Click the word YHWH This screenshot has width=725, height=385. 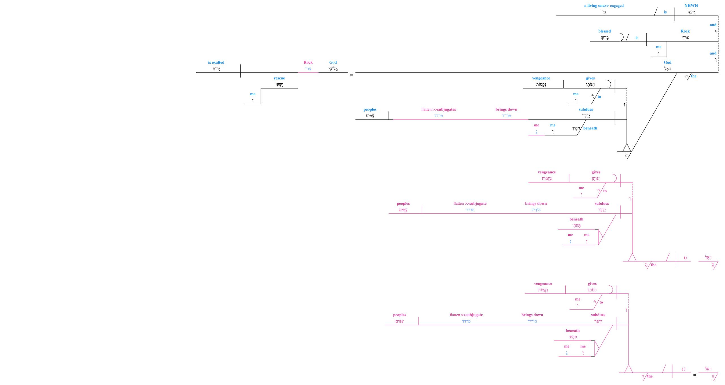click(691, 5)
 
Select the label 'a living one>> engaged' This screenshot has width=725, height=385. click(604, 6)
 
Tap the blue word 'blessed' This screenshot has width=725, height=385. click(604, 31)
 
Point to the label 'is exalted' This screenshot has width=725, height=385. click(216, 62)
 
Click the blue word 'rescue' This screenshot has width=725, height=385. click(279, 78)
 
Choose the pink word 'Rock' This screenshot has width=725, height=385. click(308, 62)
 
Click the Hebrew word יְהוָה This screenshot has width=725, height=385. click(691, 12)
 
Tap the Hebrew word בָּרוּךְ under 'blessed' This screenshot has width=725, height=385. click(604, 38)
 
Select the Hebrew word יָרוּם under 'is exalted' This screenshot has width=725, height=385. click(216, 69)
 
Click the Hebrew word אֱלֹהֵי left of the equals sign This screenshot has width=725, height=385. click(333, 69)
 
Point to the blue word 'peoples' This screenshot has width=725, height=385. click(370, 109)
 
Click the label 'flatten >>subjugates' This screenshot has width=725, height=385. click(438, 109)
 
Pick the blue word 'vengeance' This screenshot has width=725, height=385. click(541, 78)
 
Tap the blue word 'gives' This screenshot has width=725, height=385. click(590, 78)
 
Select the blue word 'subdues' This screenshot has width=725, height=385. click(586, 109)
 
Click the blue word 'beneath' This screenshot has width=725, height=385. click(590, 128)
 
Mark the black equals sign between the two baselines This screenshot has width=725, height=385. click(351, 75)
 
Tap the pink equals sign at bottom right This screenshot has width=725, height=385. click(694, 375)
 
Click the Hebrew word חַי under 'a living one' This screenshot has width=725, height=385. click(604, 12)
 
